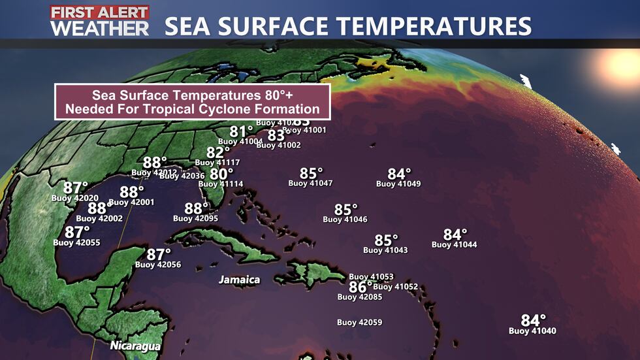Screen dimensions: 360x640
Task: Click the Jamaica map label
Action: coord(239,280)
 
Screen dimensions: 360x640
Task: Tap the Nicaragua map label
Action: coord(135,345)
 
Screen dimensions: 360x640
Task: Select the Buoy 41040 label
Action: coord(532,331)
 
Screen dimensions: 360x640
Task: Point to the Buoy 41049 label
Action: coord(398,184)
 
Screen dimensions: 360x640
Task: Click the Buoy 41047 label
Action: coord(311,184)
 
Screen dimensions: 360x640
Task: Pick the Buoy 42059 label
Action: coord(360,322)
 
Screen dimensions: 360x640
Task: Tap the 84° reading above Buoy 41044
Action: coord(455,235)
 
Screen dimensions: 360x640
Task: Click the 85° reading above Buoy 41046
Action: coord(346,210)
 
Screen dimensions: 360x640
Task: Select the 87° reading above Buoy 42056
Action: coord(158,254)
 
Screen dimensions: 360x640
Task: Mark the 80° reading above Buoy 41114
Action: coord(221,174)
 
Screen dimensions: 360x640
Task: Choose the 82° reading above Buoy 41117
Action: coord(218,152)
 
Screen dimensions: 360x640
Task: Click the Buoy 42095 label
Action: coord(196,219)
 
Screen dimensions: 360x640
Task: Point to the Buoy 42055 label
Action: coord(77,242)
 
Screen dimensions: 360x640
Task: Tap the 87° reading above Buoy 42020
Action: coord(75,188)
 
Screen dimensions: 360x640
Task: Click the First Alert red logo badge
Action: coord(99,12)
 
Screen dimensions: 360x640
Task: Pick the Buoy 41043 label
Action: coord(385,250)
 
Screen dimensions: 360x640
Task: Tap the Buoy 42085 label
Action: coord(360,297)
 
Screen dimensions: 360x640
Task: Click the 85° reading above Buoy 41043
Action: coord(386,240)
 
